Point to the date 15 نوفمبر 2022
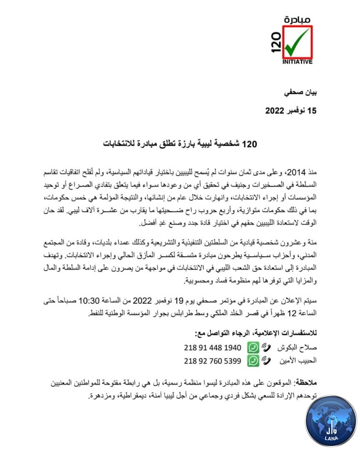click(291, 111)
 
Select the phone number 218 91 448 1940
click(212, 347)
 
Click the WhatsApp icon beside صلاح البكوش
click(253, 347)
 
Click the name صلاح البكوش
click(300, 347)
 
